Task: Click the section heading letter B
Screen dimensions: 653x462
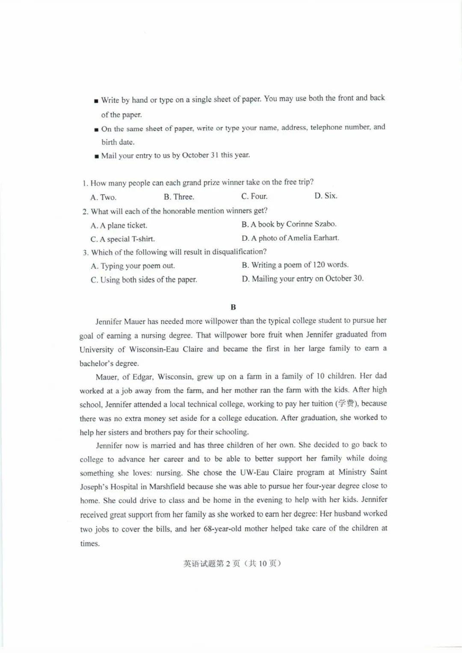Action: (233, 307)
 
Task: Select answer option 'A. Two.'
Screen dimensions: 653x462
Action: (104, 197)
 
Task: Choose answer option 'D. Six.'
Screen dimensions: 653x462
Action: (326, 196)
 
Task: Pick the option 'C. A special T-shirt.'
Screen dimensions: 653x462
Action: (123, 239)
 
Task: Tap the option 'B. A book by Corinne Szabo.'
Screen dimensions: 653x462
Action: (289, 224)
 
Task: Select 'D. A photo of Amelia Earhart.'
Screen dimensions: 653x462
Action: (290, 238)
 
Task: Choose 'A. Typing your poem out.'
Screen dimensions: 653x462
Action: (133, 266)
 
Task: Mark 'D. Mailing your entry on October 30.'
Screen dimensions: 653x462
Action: (302, 278)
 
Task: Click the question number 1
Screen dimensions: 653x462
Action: (85, 183)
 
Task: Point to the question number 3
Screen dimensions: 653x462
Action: (85, 253)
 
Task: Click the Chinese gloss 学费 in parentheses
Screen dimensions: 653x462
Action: (347, 403)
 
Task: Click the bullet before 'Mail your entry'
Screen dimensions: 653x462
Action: (97, 157)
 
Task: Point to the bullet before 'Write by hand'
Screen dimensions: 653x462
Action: (96, 101)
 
